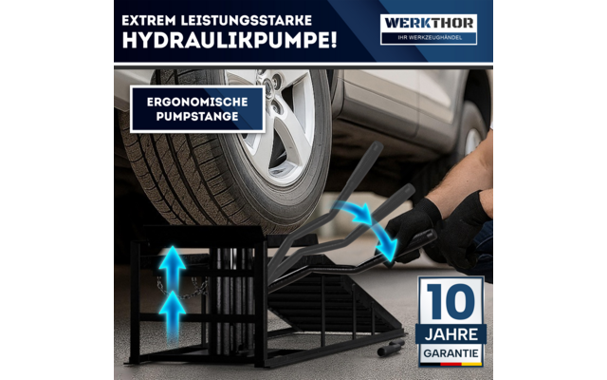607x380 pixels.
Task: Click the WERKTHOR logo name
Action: pyautogui.click(x=429, y=22)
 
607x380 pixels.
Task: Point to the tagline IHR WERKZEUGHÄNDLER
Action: pyautogui.click(x=429, y=38)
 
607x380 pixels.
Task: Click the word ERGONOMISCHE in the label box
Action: pyautogui.click(x=197, y=102)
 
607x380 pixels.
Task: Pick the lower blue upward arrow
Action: pyautogui.click(x=172, y=309)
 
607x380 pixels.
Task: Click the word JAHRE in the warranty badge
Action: pyautogui.click(x=451, y=332)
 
